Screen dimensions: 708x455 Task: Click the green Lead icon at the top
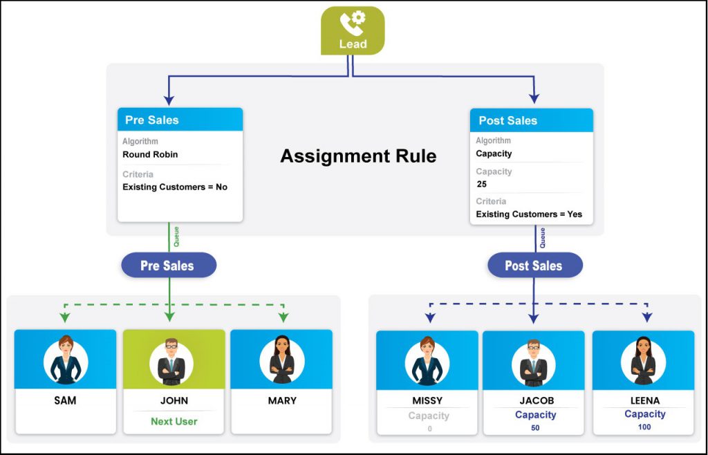click(353, 30)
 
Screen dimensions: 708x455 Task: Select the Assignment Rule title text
click(358, 156)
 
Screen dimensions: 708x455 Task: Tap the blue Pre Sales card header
click(180, 120)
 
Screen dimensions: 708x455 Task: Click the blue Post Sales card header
click(532, 120)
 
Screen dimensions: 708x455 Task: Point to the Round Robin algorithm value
click(150, 154)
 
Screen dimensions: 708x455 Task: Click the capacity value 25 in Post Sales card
click(482, 184)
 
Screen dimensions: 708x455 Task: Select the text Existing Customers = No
click(175, 187)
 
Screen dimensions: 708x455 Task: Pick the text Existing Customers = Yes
click(529, 214)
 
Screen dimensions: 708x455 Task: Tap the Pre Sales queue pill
click(169, 265)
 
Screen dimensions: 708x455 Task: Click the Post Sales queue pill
click(535, 265)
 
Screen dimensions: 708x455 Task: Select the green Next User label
click(174, 422)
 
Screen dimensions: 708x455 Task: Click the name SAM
click(66, 400)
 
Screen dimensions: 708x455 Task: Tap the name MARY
click(282, 400)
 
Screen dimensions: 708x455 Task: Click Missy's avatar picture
click(427, 363)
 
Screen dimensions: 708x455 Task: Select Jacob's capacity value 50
click(535, 428)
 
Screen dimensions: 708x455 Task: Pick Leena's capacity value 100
click(644, 427)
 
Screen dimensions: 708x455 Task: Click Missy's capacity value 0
click(429, 429)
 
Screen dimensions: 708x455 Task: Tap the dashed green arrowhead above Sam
click(65, 317)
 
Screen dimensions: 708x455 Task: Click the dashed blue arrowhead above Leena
click(647, 317)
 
